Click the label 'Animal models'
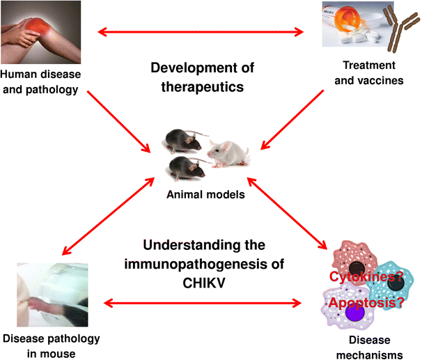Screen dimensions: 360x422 click(205, 194)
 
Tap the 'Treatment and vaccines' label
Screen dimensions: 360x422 click(370, 72)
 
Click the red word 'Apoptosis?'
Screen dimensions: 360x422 click(366, 303)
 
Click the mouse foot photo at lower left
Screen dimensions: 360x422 click(52, 292)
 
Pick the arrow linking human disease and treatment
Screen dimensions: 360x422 click(203, 31)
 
